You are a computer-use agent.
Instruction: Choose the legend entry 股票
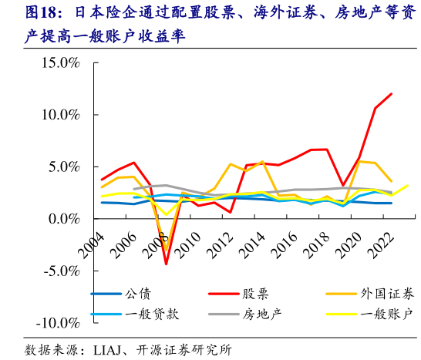pos(256,294)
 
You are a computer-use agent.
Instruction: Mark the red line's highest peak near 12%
pos(392,94)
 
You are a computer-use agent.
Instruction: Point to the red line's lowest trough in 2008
pos(166,264)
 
